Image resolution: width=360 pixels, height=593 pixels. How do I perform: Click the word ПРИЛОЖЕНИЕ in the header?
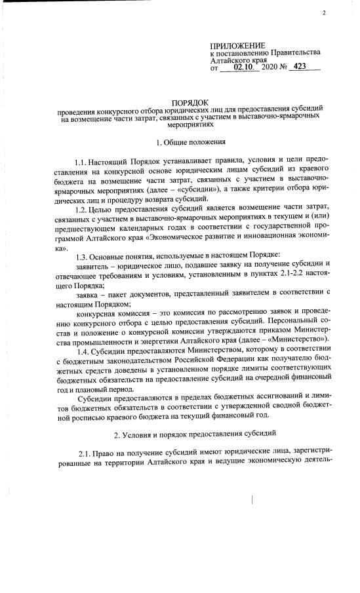pyautogui.click(x=238, y=43)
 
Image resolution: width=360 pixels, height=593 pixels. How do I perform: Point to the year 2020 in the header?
pyautogui.click(x=270, y=67)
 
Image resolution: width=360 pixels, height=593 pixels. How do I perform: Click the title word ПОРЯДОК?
pyautogui.click(x=190, y=103)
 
